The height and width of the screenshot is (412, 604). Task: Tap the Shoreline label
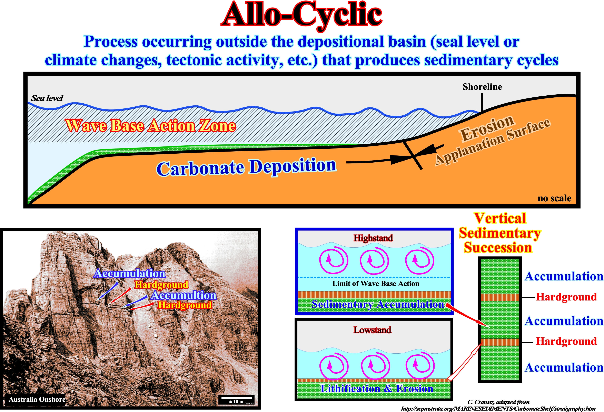pos(482,87)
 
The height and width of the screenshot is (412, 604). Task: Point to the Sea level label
pos(47,98)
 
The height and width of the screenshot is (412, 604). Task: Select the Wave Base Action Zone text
pos(150,126)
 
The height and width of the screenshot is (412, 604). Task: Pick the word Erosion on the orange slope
pos(487,128)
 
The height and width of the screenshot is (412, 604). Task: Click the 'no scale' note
pos(554,198)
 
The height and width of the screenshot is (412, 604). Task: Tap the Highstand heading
pos(373,238)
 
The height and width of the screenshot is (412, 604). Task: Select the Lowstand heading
pos(372,330)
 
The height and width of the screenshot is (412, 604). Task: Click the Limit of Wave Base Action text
pos(376,284)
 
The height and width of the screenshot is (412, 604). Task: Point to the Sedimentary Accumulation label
pos(378,304)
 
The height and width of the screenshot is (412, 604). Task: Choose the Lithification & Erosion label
pos(377,389)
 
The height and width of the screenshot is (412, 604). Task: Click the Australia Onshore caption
pos(37,399)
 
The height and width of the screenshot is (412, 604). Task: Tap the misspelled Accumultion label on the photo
pos(184,295)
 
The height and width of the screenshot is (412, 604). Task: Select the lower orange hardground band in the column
pos(500,342)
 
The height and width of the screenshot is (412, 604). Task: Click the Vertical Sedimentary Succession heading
pos(499,233)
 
